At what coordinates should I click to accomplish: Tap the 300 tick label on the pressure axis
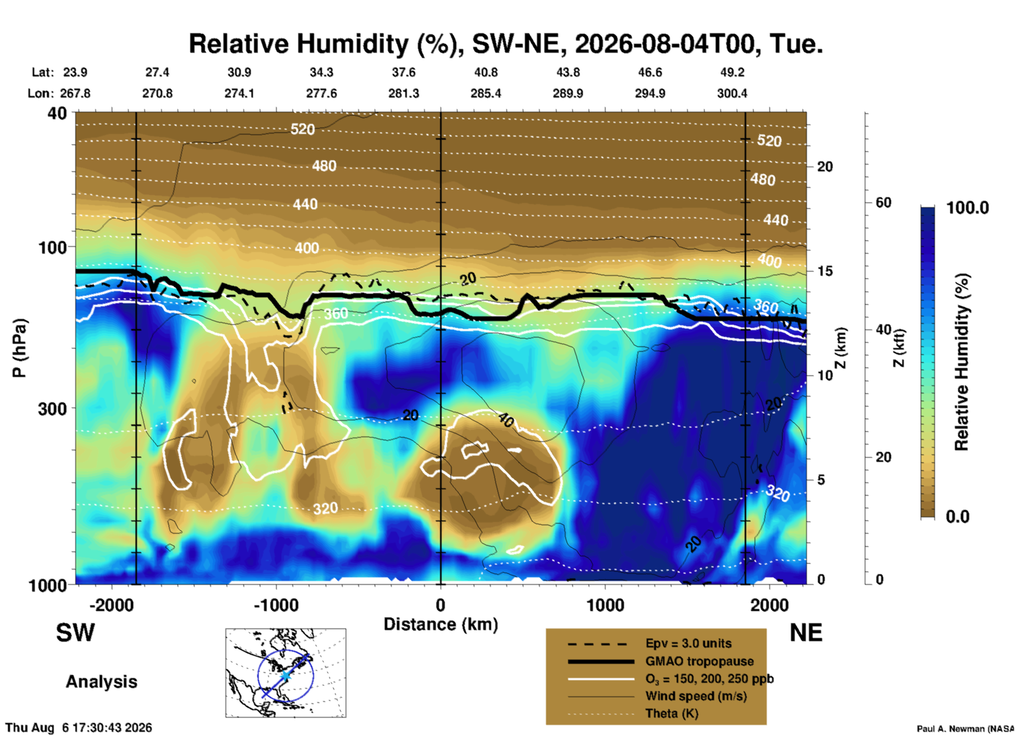click(53, 409)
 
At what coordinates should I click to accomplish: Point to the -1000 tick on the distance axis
click(276, 605)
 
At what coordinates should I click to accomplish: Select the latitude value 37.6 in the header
click(404, 72)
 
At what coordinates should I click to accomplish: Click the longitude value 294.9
click(650, 93)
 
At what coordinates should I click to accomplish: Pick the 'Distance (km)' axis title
click(441, 624)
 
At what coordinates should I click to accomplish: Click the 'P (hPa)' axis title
click(19, 348)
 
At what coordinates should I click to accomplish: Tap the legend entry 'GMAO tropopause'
click(699, 661)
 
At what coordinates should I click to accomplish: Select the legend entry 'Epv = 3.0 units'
click(688, 643)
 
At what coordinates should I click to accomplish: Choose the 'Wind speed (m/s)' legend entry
click(696, 696)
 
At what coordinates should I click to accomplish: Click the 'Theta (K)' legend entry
click(671, 713)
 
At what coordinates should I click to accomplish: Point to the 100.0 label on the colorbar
click(968, 208)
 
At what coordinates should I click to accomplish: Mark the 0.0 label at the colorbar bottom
click(958, 517)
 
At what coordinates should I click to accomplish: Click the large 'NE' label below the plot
click(806, 633)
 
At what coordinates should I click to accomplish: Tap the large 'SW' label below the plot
click(75, 633)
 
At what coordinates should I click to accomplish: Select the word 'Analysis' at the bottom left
click(101, 682)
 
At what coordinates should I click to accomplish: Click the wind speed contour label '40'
click(506, 420)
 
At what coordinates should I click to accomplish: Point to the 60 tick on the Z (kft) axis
click(883, 203)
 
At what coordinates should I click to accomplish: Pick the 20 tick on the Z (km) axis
click(825, 167)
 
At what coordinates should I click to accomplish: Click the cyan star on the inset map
click(285, 675)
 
